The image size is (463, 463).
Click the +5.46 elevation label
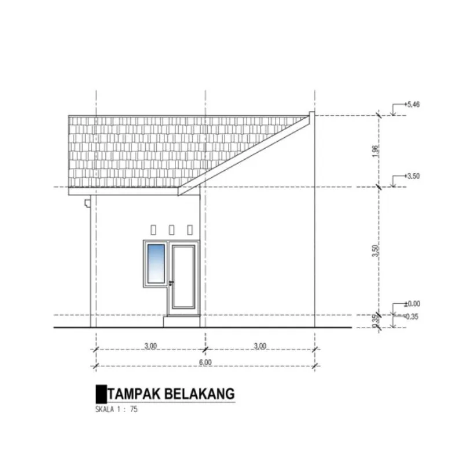(x=412, y=105)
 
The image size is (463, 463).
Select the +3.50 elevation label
(x=412, y=177)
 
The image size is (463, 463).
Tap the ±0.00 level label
(x=412, y=304)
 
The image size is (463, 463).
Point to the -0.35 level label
(x=411, y=317)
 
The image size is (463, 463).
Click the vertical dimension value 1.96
(x=375, y=151)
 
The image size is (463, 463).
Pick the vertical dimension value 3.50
(x=375, y=251)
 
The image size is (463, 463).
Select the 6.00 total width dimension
(x=205, y=362)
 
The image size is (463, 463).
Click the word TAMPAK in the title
(x=134, y=394)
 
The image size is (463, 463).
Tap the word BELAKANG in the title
(x=200, y=394)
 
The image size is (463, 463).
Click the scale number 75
(x=134, y=409)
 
